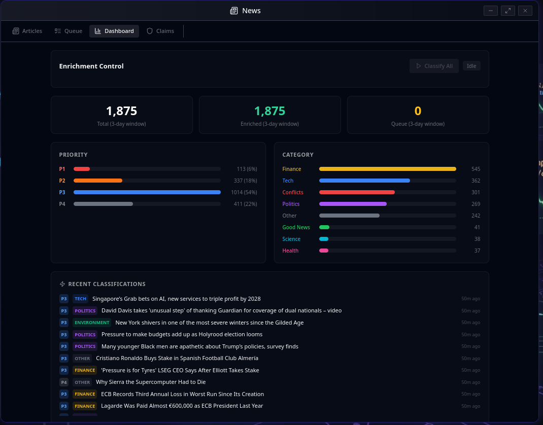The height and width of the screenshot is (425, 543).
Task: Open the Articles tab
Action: pos(27,31)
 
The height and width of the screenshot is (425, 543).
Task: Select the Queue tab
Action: pos(69,31)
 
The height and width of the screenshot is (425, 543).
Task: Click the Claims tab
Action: pos(160,31)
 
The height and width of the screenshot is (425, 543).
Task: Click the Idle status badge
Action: pos(471,66)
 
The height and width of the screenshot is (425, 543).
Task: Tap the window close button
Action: pos(525,11)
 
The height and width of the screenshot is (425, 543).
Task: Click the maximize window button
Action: pos(508,11)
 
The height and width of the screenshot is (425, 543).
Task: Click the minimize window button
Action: pos(491,11)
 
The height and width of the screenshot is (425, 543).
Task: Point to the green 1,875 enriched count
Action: pos(269,111)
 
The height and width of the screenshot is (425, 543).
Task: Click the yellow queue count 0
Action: pos(418,111)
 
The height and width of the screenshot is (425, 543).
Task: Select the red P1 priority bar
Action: pos(82,169)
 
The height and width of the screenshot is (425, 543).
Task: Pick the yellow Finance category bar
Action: pos(387,169)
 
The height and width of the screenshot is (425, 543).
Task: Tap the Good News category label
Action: pos(296,227)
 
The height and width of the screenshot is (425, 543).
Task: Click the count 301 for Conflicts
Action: pos(475,192)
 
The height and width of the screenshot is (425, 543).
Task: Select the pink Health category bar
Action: pos(324,251)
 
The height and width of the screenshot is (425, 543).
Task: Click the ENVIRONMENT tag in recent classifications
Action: pos(92,323)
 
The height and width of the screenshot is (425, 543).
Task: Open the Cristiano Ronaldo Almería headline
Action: pos(177,358)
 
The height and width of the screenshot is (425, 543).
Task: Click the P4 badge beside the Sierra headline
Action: pos(64,382)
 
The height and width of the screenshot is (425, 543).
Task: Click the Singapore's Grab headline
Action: pos(176,299)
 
